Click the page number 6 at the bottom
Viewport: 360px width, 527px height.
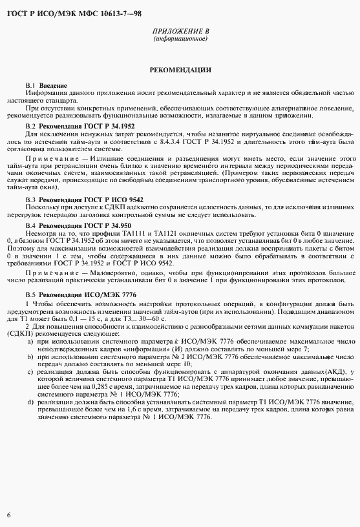point(8,515)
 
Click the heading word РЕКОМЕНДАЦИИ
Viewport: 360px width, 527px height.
point(180,69)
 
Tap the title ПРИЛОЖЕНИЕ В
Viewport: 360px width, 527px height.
point(180,31)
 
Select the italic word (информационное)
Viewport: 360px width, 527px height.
point(180,39)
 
